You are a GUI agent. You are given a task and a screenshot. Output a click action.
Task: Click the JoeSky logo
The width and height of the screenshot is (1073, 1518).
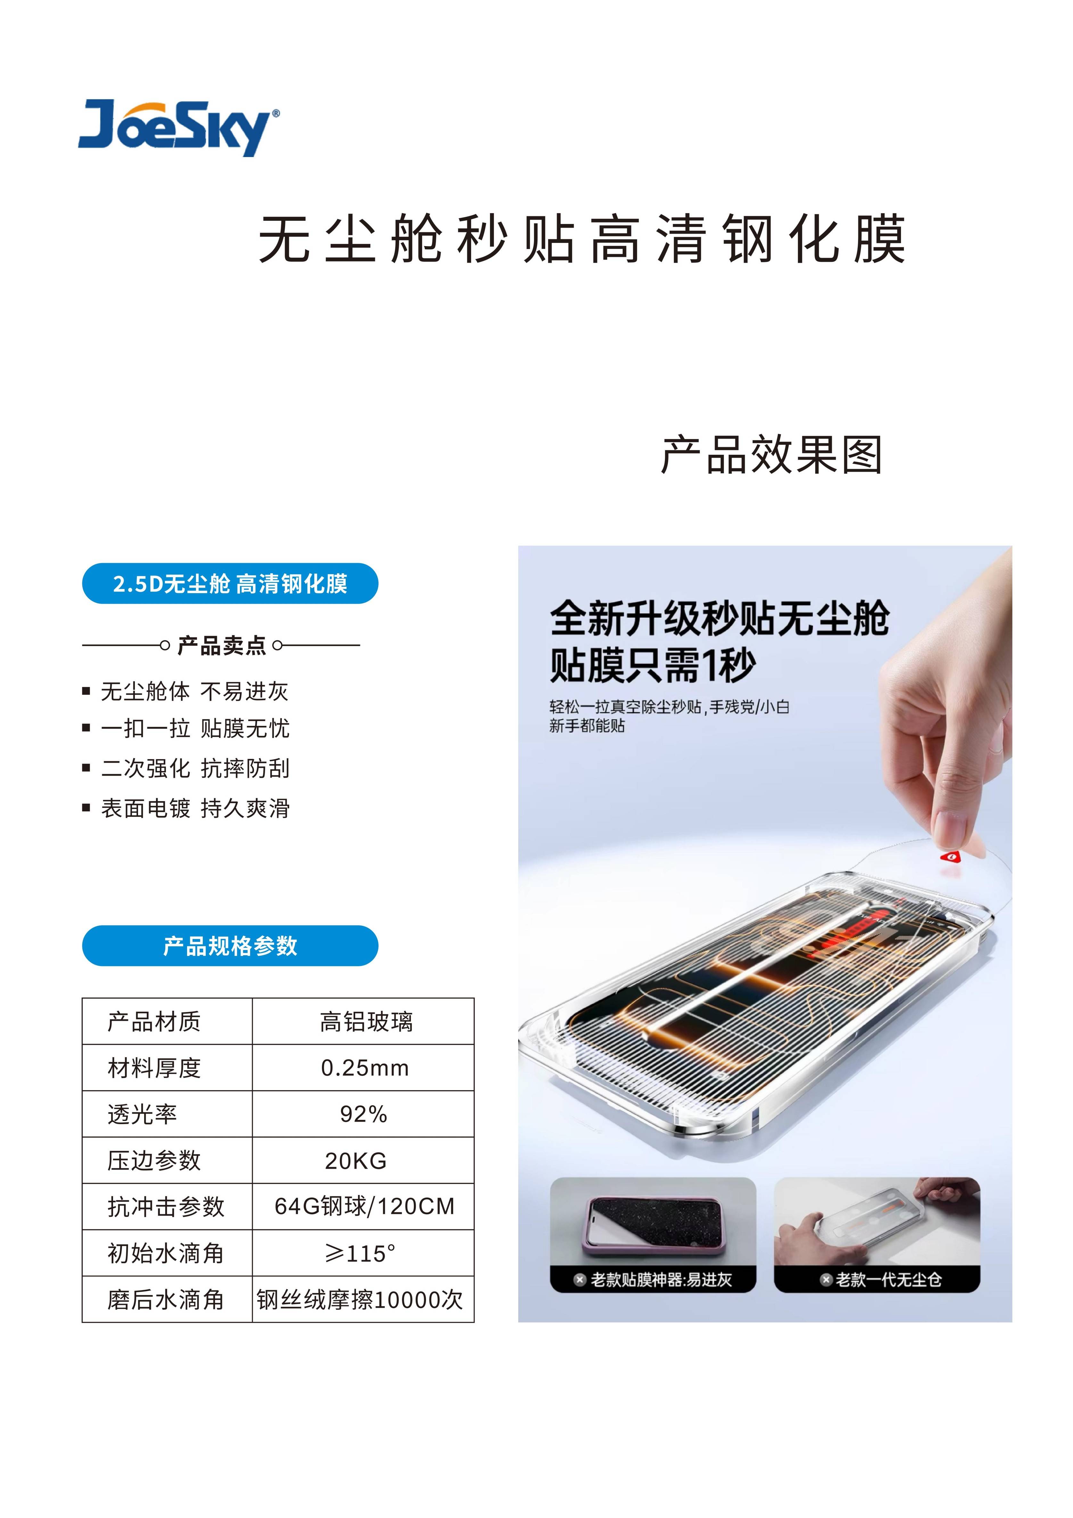pos(178,128)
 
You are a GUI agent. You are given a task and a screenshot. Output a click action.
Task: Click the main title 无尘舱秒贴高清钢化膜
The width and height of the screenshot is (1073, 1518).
pos(581,239)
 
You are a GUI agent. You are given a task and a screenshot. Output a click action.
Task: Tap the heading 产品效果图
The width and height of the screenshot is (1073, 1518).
pos(772,455)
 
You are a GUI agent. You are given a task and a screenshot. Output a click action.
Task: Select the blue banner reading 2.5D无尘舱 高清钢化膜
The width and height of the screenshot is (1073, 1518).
pos(230,583)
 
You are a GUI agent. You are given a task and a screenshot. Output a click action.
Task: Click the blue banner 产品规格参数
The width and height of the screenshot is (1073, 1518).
pos(230,945)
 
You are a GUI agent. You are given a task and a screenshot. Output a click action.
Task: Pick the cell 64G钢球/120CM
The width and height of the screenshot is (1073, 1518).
pos(365,1207)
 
